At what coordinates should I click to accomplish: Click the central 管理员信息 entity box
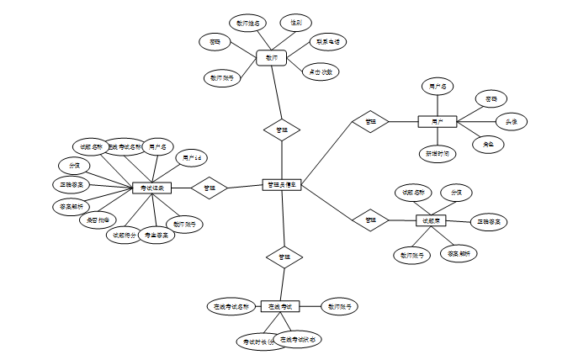click(282, 184)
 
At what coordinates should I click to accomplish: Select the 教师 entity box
click(271, 58)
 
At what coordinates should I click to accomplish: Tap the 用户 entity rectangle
click(437, 122)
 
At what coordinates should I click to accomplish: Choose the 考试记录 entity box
click(152, 188)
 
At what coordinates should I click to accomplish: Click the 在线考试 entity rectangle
click(280, 306)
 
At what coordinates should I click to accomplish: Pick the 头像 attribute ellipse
click(511, 122)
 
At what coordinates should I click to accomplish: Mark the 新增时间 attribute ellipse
click(438, 154)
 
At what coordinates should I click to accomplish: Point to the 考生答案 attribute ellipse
click(157, 236)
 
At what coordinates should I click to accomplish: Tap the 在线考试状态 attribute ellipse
click(297, 340)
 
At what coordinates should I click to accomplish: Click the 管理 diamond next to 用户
click(370, 122)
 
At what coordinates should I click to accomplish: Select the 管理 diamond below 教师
click(282, 130)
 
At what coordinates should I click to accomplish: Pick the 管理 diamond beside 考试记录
click(210, 188)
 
